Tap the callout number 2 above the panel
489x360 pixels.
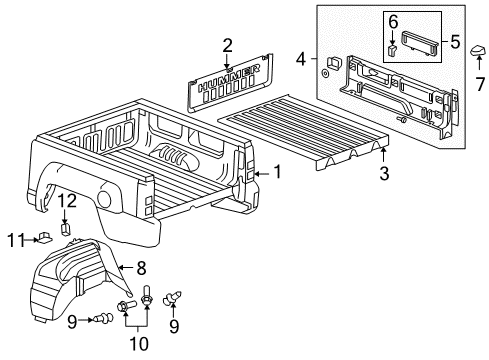228,44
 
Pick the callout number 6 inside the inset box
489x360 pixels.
394,21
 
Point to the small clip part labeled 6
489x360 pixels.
393,45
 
